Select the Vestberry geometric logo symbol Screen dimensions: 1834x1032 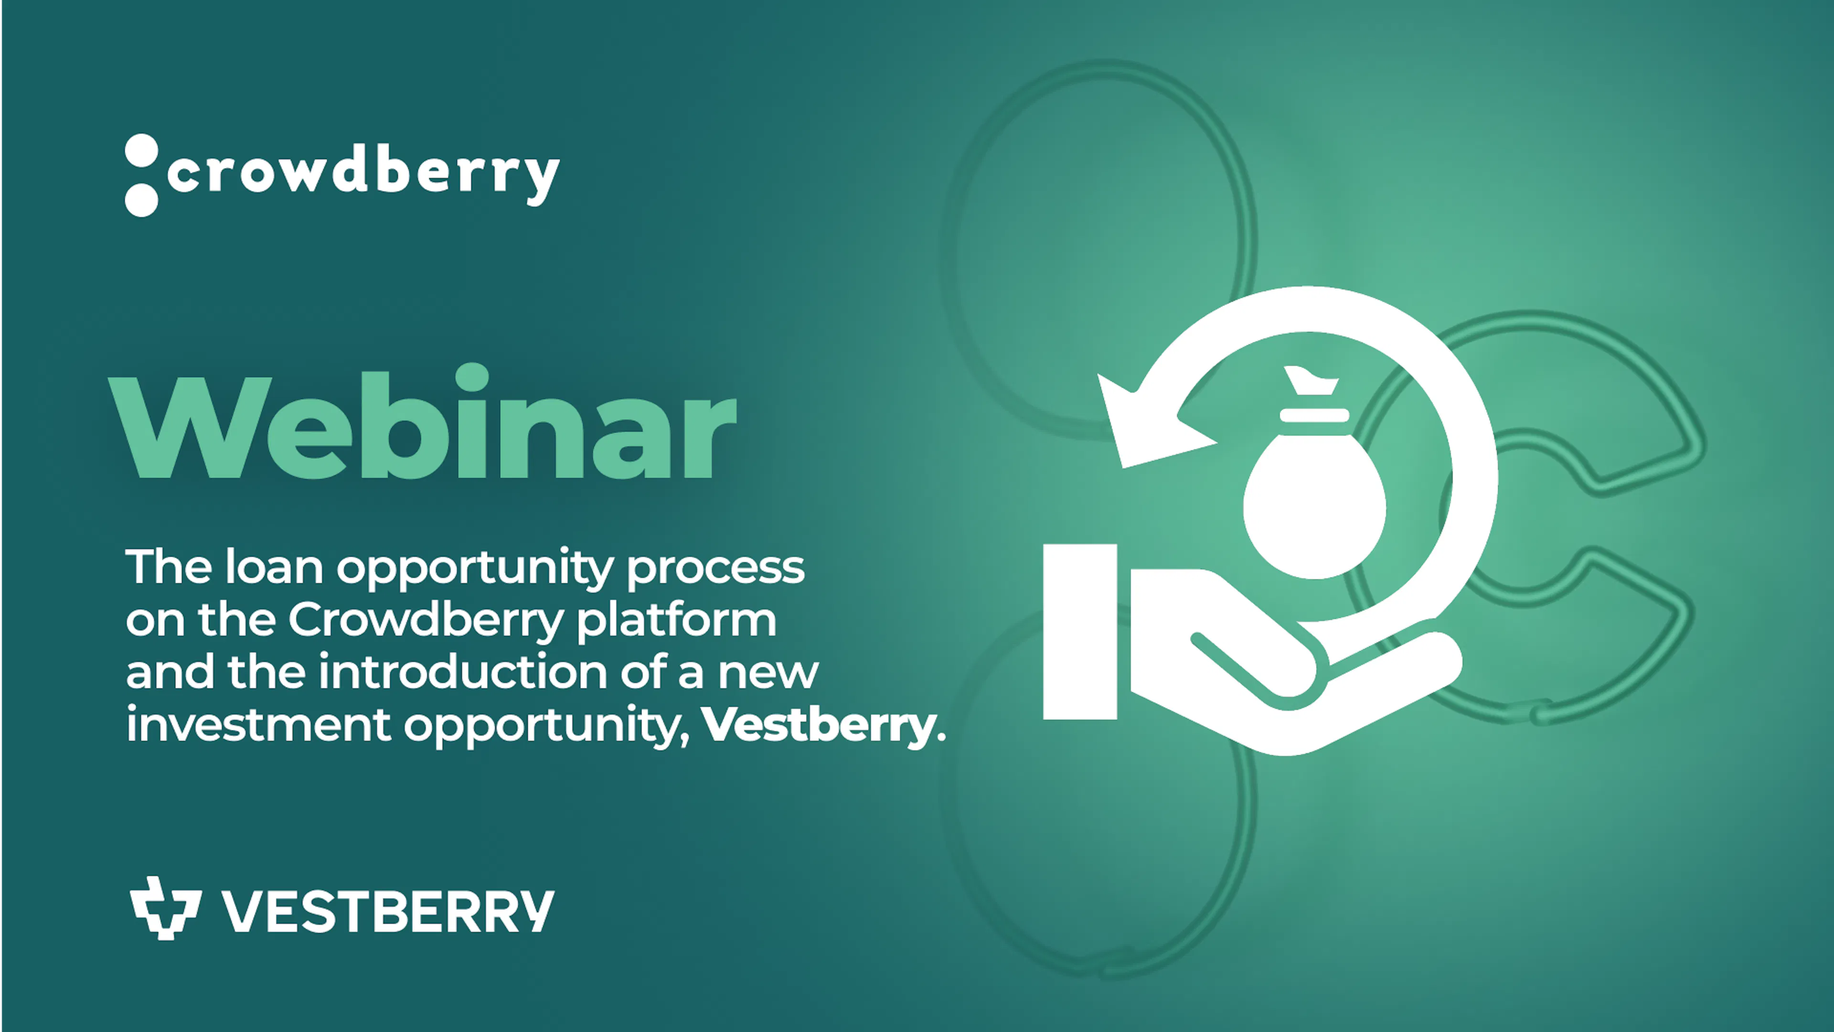click(165, 908)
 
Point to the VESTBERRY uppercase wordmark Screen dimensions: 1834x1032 click(387, 911)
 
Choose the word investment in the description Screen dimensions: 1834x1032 click(258, 725)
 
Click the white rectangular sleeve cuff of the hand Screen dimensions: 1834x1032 click(1080, 632)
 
